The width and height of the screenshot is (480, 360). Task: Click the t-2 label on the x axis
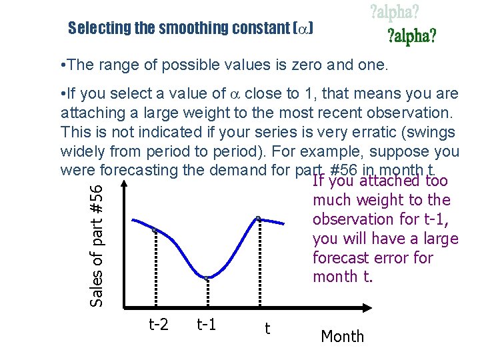click(158, 325)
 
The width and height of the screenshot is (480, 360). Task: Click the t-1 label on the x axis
click(207, 325)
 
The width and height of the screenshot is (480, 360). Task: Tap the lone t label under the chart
click(267, 328)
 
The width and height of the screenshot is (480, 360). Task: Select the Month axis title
click(343, 337)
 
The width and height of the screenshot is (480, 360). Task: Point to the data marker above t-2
click(154, 230)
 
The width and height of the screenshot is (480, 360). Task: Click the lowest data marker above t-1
click(207, 277)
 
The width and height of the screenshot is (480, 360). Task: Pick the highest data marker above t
click(259, 218)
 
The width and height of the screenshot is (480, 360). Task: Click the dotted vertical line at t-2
click(154, 270)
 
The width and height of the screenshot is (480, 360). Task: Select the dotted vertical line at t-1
click(207, 293)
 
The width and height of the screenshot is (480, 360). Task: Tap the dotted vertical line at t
click(259, 263)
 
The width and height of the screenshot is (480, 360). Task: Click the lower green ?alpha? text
click(412, 36)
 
